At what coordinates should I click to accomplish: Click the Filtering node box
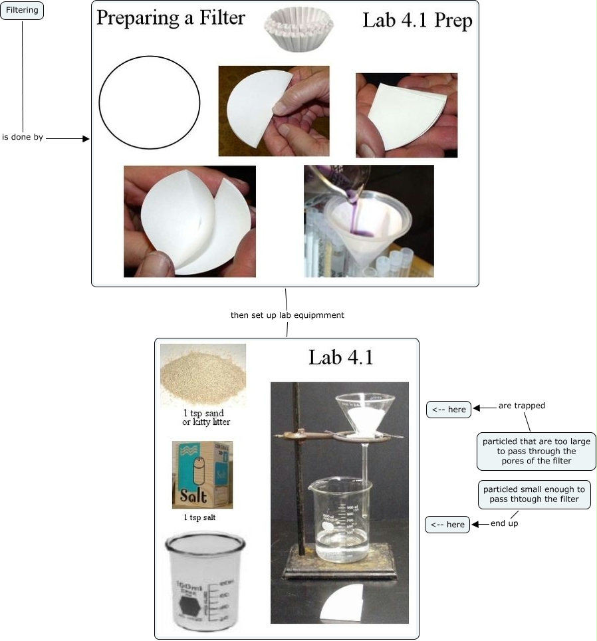22,11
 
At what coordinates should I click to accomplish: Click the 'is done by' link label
23,138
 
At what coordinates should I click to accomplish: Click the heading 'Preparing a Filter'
171,18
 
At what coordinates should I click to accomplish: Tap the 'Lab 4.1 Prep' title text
417,21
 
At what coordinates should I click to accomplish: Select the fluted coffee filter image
293,30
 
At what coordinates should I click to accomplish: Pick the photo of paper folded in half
273,111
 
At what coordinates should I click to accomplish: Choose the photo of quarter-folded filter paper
406,115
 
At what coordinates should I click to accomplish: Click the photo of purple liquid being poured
368,221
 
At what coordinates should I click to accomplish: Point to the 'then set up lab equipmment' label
287,315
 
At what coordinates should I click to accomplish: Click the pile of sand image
203,374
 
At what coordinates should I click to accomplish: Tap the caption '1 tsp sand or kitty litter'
207,418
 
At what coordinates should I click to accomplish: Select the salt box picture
202,474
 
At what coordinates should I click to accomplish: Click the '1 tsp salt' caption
199,517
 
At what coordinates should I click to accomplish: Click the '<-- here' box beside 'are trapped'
449,410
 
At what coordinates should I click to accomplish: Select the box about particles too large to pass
536,451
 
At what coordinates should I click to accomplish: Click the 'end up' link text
505,524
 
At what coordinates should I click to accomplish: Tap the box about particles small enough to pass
534,494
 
